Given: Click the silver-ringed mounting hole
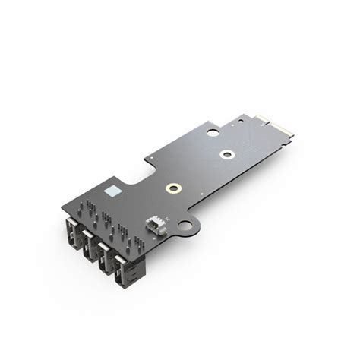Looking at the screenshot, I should (x=226, y=155).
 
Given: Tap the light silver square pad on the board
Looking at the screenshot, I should (x=112, y=189).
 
